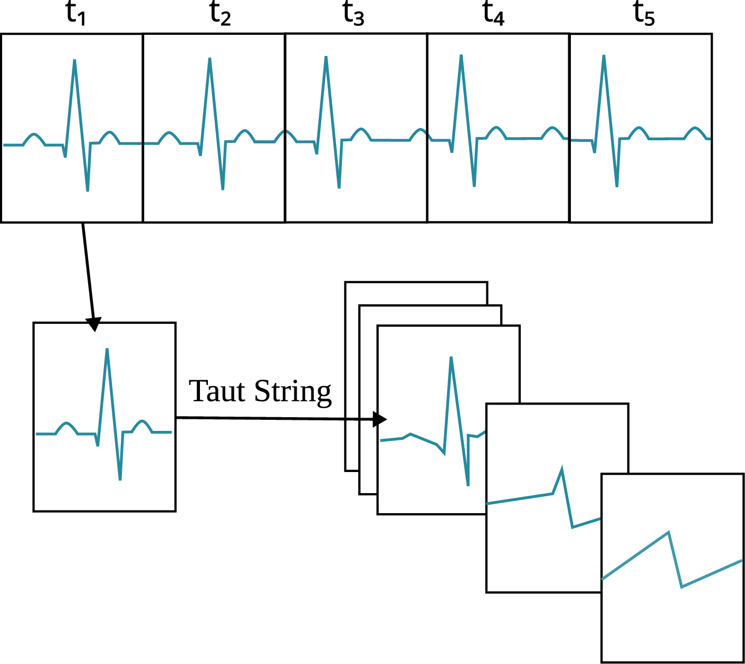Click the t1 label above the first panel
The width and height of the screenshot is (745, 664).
tap(75, 14)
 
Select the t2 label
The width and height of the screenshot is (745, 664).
tap(220, 14)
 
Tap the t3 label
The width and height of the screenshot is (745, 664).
tap(354, 14)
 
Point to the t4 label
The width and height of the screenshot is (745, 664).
tap(494, 14)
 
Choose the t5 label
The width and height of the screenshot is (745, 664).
tap(644, 14)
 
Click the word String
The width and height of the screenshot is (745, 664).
tap(293, 392)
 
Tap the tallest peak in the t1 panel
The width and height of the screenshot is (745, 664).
tap(74, 61)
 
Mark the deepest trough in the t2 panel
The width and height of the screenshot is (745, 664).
tap(223, 189)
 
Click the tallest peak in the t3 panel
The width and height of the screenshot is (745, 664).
tap(326, 57)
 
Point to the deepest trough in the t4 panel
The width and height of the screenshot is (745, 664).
tap(474, 186)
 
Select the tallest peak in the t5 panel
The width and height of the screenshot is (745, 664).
tap(604, 56)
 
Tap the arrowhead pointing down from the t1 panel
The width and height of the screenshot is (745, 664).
tap(94, 325)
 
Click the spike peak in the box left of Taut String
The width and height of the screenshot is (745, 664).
tap(107, 350)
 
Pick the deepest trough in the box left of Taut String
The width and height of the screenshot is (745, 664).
tap(120, 479)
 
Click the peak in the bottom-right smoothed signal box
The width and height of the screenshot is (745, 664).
tap(668, 532)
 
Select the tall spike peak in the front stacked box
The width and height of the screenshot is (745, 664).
tap(451, 358)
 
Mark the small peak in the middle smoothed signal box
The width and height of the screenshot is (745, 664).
tap(562, 468)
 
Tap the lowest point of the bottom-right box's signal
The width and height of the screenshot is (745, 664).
tap(682, 586)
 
